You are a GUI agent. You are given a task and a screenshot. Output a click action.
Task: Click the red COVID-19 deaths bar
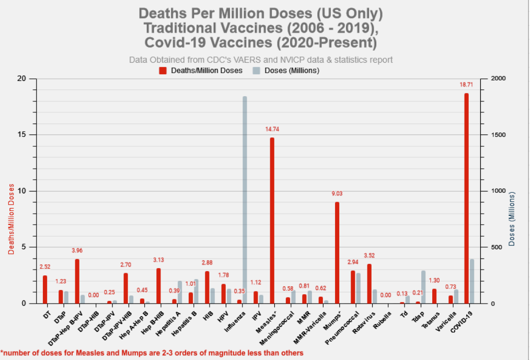[x=466, y=199]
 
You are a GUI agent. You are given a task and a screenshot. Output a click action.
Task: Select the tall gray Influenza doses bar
[x=245, y=199]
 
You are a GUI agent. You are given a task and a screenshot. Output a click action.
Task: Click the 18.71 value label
[x=466, y=84]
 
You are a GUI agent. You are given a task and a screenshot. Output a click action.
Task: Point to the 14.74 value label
[x=272, y=129]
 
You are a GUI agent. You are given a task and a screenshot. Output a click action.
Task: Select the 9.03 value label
[x=337, y=193]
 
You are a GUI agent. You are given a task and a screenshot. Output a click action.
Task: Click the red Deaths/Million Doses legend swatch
[x=163, y=70]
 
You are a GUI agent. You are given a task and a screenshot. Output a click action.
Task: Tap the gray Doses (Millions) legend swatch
[x=256, y=70]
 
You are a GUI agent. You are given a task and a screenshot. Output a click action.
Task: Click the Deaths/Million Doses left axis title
[x=11, y=219]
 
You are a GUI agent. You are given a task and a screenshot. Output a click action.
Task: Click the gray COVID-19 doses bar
[x=472, y=281]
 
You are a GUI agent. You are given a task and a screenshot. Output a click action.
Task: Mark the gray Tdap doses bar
[x=423, y=287]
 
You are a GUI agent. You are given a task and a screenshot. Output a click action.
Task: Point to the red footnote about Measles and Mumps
[x=152, y=353]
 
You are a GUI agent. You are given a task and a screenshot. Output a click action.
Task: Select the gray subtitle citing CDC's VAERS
[x=261, y=60]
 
